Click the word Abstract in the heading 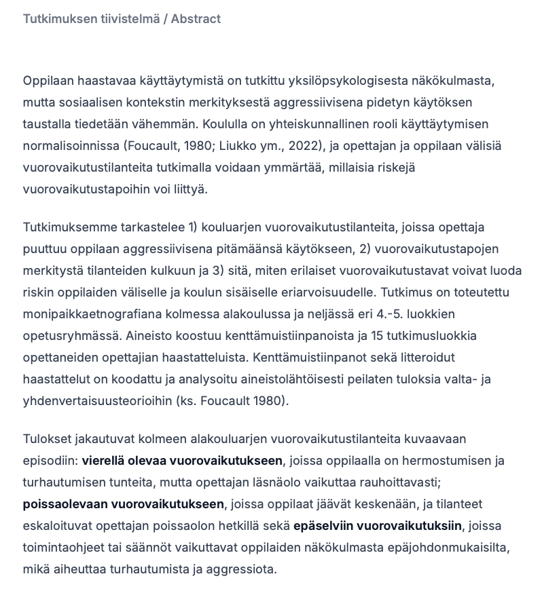[x=196, y=19]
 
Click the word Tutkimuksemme [x=66, y=227]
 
